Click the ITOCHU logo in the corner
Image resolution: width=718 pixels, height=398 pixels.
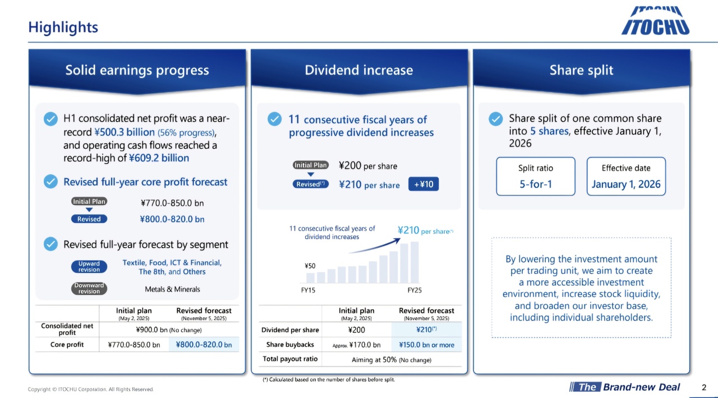[655, 21]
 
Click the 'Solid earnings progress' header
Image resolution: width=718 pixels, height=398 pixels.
[137, 70]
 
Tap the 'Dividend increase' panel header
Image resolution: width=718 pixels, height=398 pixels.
[359, 70]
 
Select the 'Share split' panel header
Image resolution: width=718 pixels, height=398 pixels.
[581, 70]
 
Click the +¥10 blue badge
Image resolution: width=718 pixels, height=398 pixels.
[423, 184]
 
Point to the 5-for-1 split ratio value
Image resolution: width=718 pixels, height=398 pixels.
[536, 184]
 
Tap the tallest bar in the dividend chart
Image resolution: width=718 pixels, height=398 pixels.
[414, 262]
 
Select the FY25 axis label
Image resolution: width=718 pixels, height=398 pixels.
[414, 290]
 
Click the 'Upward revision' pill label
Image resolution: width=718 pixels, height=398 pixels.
[89, 267]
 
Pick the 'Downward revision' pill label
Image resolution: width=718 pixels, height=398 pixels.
[89, 289]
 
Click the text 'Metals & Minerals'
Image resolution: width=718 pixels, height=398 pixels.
[172, 289]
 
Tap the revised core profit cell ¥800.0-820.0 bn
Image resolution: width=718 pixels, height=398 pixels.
[204, 345]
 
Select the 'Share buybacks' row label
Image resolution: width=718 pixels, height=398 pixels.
[291, 345]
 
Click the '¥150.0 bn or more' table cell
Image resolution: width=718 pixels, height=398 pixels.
[426, 345]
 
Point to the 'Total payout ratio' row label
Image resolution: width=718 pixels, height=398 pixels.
[291, 359]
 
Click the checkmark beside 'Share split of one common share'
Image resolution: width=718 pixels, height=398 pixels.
[496, 119]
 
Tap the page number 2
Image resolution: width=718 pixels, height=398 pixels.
[704, 387]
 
